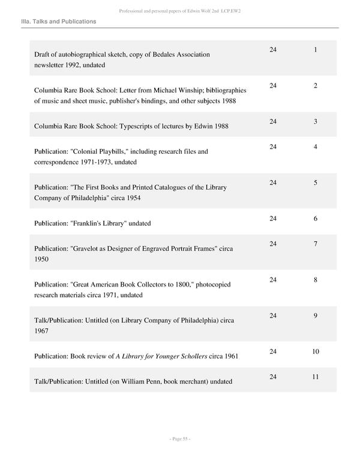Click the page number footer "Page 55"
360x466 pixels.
coord(179,439)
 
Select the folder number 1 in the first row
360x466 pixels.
coord(315,49)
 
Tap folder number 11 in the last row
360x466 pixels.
coord(315,377)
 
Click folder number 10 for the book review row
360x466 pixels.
coord(315,351)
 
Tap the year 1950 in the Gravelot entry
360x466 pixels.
coord(41,259)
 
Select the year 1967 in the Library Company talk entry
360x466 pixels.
coord(41,331)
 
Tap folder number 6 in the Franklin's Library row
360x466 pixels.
coord(315,219)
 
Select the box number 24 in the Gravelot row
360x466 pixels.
coord(274,244)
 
